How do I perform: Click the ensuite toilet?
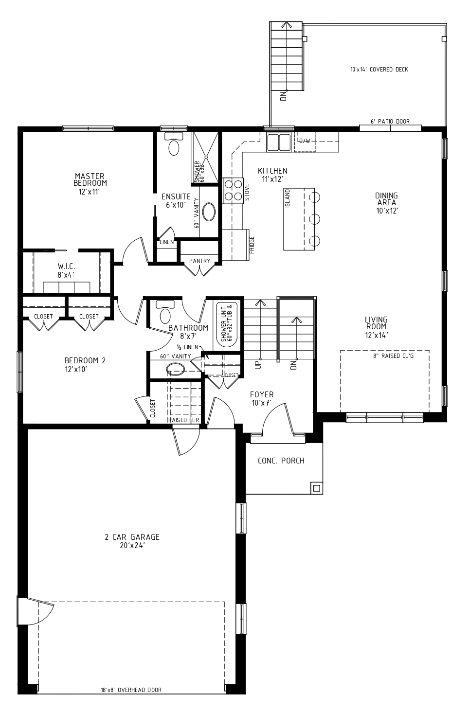pos(174,143)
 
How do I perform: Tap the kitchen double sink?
pos(279,142)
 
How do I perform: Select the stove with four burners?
pos(233,190)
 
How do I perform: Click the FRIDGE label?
pos(252,245)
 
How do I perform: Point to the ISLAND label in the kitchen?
pos(288,198)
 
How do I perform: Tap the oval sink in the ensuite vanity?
pos(209,212)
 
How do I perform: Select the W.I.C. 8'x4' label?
pos(66,270)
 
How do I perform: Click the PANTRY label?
pos(199,261)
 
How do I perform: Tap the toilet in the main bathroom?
pos(165,312)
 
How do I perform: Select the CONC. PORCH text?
pos(281,461)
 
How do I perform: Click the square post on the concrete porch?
pos(316,488)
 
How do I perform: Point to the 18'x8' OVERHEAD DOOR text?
pos(131,699)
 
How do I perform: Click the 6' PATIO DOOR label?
pos(390,122)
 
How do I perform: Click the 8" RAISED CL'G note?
pos(393,356)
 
